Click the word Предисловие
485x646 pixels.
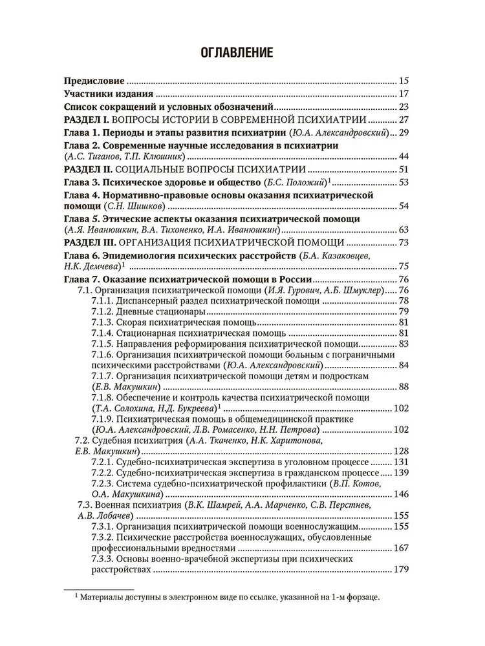(x=94, y=82)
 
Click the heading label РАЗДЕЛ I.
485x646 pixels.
(x=90, y=120)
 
